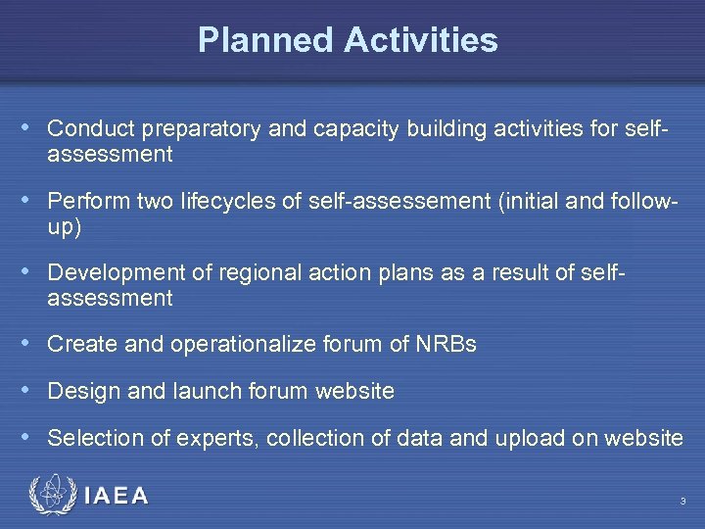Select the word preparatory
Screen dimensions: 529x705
[x=188, y=128]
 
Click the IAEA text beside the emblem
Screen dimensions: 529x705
[x=117, y=497]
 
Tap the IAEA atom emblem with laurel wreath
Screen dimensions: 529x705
[x=52, y=496]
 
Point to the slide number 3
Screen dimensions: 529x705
[x=682, y=502]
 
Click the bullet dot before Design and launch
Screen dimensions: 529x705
[x=35, y=391]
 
